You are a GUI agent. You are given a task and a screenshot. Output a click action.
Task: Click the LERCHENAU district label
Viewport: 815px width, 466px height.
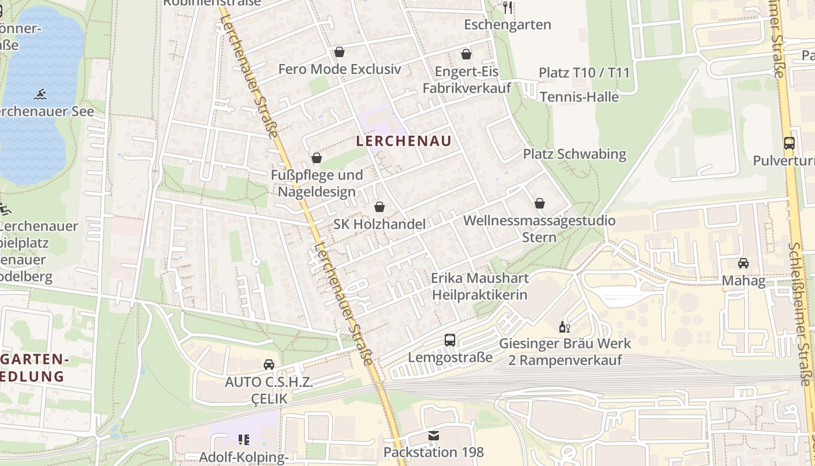tap(403, 141)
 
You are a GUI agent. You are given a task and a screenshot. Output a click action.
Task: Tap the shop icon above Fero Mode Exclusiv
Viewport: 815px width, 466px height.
tap(339, 52)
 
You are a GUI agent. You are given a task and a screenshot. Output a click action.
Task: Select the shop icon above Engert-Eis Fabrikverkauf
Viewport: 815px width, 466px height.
tap(466, 55)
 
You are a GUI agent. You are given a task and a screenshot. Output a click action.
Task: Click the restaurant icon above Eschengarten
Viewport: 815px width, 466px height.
tap(508, 7)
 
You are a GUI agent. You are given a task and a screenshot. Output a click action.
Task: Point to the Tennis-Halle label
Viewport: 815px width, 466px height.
tap(579, 97)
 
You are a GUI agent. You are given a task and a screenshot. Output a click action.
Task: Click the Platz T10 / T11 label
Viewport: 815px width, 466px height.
tap(584, 73)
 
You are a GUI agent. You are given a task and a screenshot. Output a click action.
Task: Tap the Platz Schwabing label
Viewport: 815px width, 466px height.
tap(574, 154)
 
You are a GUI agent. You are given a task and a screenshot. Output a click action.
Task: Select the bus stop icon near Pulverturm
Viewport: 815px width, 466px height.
tap(789, 143)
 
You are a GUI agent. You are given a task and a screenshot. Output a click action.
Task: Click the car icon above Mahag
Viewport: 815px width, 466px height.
tap(743, 263)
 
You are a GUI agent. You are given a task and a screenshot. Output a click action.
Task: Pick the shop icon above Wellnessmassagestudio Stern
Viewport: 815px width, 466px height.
tap(540, 203)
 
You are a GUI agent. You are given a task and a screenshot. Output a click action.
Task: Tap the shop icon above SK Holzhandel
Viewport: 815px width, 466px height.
tap(380, 207)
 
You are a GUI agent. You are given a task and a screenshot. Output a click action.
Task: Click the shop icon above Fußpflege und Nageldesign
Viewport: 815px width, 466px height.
tap(317, 158)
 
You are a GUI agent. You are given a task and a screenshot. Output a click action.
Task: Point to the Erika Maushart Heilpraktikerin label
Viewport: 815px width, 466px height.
tap(479, 287)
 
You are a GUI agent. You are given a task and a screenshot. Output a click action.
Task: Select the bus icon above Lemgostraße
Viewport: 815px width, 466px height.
tap(450, 340)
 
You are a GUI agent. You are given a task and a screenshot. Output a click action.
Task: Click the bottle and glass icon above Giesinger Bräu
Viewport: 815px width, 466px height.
tap(564, 327)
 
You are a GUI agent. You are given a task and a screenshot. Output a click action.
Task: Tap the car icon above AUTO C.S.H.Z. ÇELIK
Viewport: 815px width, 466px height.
tap(269, 365)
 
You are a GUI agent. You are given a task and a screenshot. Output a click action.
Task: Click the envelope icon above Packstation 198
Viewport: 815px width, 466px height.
tap(433, 435)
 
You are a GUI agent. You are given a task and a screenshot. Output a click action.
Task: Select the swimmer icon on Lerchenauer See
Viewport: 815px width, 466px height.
tap(40, 94)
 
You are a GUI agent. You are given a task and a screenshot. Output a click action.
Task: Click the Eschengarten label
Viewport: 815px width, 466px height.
tap(508, 25)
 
